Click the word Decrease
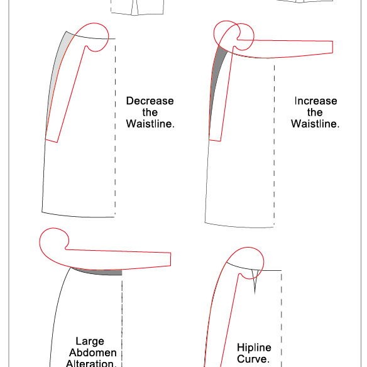coord(150,101)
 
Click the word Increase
coord(315,101)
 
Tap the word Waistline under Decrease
coord(150,124)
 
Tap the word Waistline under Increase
coord(315,124)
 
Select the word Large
coord(90,341)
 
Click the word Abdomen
coord(92,353)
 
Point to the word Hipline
coord(254,348)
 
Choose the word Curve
coord(253,359)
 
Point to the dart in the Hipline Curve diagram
coord(255,281)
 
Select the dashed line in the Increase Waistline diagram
coord(275,146)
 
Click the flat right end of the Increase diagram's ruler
coord(332,47)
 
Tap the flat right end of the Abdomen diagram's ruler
coord(171,260)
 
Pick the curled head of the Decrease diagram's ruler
coord(96,36)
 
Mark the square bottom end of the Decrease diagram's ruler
coord(52,141)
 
